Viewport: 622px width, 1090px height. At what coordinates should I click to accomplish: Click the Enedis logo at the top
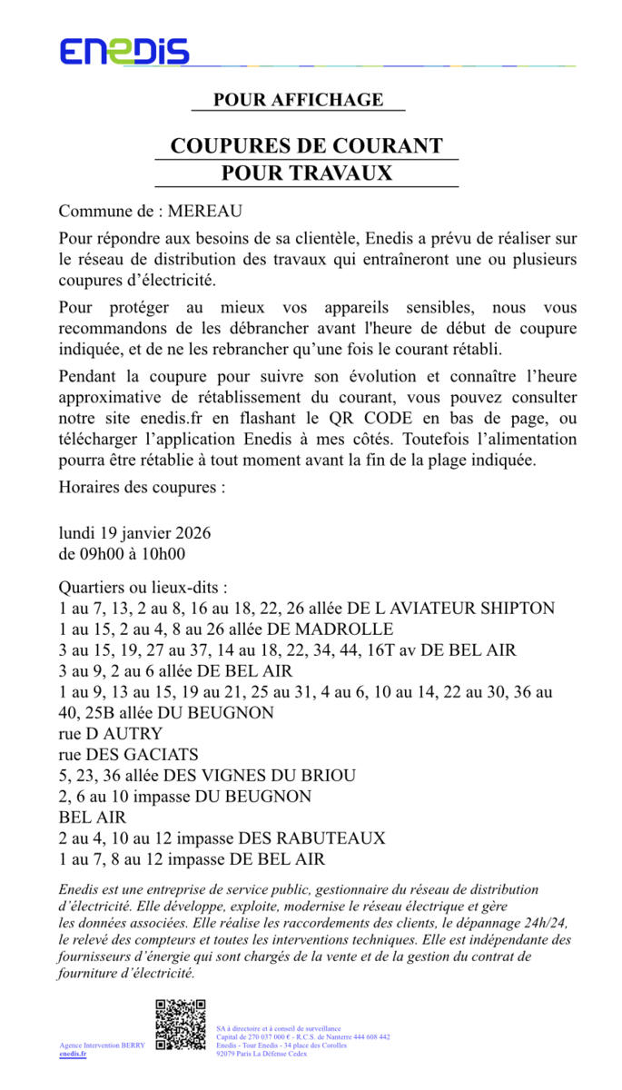[x=124, y=52]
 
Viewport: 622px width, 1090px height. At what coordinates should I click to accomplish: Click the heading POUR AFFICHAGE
[x=298, y=100]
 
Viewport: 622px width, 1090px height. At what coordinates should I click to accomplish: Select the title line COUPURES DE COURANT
[x=306, y=146]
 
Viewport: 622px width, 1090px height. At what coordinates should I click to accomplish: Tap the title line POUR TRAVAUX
[x=306, y=173]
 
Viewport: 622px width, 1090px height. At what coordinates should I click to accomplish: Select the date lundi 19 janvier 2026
[x=134, y=532]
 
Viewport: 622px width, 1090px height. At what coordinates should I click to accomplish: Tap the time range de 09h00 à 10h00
[x=122, y=553]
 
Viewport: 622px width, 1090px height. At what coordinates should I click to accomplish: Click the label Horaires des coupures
[x=142, y=486]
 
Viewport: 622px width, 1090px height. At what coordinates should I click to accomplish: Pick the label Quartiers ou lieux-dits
[x=143, y=588]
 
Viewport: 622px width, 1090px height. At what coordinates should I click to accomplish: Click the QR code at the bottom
[x=180, y=1024]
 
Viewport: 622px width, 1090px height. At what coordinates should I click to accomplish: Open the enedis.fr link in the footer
[x=73, y=1054]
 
